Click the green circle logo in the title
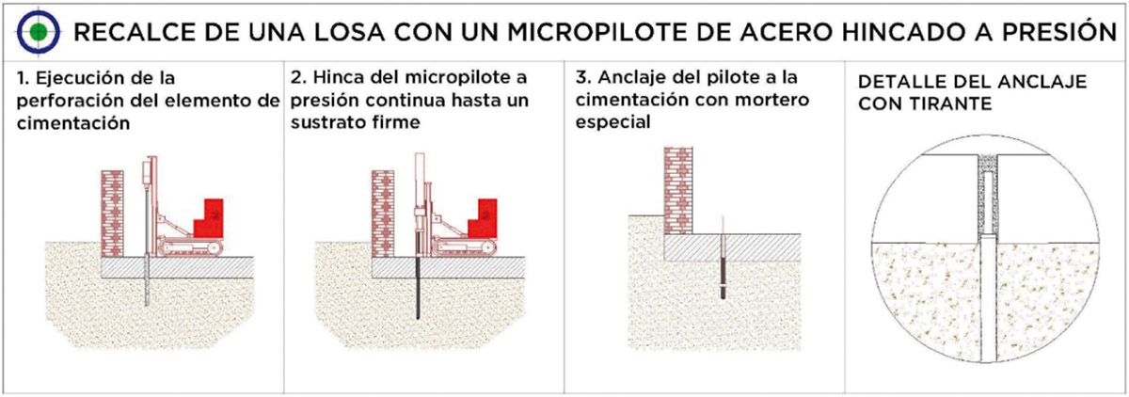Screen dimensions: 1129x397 click(x=39, y=32)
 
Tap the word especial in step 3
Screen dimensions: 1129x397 click(x=612, y=122)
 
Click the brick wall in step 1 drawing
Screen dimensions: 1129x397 click(x=112, y=214)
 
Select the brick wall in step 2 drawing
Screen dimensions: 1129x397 click(x=383, y=214)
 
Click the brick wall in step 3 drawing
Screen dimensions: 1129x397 click(x=678, y=190)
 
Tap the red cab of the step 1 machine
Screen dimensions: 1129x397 click(x=209, y=219)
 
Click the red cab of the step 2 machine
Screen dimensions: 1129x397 click(x=483, y=219)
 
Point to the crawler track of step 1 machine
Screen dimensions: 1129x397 click(x=190, y=247)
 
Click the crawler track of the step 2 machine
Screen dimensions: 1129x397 click(x=464, y=247)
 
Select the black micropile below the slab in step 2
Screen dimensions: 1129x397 click(x=418, y=288)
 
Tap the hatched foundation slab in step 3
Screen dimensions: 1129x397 click(x=732, y=247)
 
